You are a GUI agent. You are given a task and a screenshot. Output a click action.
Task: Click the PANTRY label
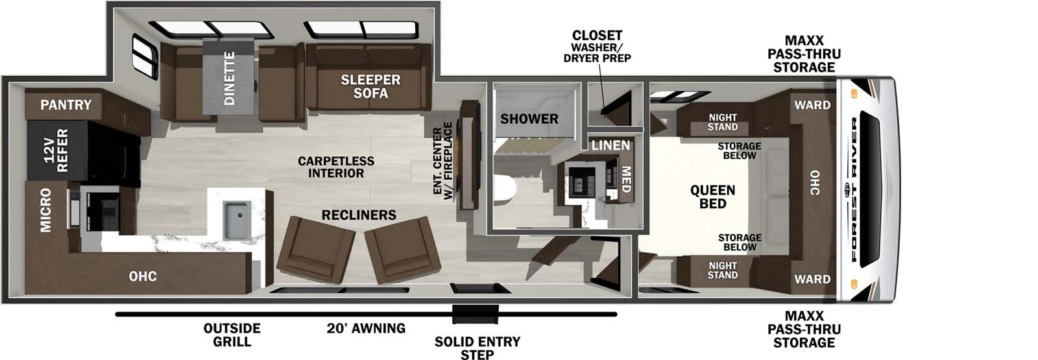66,105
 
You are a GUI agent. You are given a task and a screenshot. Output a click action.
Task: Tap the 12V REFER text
56,150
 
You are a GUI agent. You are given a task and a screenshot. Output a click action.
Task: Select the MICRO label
45,210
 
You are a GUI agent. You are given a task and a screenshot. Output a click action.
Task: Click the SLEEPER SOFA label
370,86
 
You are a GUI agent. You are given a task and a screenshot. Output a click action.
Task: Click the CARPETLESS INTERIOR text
336,167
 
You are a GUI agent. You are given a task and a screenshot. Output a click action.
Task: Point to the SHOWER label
529,119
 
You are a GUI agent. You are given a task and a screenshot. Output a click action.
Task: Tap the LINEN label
610,145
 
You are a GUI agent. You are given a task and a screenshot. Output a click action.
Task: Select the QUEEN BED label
712,197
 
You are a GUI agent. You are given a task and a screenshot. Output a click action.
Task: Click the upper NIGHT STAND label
723,123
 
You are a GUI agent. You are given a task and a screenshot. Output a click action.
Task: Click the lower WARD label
812,280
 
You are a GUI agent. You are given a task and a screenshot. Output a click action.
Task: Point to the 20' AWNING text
366,328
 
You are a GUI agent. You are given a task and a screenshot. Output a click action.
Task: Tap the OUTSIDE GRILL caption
232,335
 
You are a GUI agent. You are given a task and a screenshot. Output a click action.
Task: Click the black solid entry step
475,313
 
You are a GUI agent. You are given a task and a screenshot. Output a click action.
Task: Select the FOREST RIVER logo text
854,189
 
